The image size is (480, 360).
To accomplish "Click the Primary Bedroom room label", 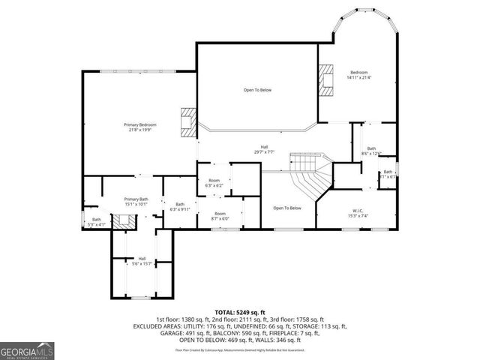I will pos(139,127).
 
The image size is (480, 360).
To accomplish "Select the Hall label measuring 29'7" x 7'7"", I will pos(264,149).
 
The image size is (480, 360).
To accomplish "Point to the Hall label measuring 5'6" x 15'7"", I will pos(142,261).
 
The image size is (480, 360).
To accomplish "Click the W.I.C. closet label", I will pos(358,213).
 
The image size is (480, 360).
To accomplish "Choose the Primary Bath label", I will pos(137,200).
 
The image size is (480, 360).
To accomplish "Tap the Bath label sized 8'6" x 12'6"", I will pos(371,151).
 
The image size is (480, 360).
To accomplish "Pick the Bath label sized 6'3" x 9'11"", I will pos(180,206).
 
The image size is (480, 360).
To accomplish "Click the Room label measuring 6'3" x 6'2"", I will pos(214,182).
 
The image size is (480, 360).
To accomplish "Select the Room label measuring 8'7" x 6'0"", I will pos(220,215).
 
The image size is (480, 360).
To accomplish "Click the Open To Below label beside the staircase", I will pos(287,208).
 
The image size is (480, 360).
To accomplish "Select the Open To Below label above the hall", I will pos(257,90).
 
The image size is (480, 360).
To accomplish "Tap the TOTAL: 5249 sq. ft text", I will pos(240,311).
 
